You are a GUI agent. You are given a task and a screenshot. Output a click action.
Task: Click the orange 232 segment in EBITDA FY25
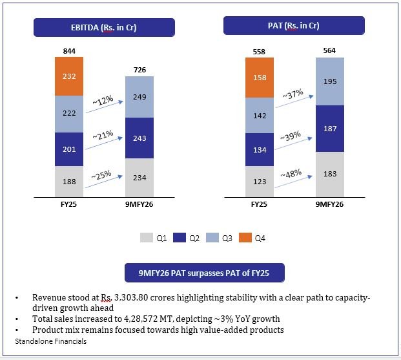click(70, 76)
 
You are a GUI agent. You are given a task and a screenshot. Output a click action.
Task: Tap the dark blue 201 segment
click(70, 149)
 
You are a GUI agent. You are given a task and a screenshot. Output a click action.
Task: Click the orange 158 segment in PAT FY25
click(260, 78)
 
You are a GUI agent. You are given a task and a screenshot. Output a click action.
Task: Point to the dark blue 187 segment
click(330, 129)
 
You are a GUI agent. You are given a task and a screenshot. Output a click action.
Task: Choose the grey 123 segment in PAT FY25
click(260, 182)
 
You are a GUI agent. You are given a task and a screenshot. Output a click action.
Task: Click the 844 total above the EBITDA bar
click(70, 50)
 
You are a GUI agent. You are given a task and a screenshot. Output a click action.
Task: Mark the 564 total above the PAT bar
click(330, 50)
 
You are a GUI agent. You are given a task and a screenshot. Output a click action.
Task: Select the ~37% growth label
click(293, 95)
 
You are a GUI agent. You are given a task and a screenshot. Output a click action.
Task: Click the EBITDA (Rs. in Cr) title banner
click(104, 26)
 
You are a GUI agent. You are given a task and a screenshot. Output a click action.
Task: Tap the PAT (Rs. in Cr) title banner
click(294, 26)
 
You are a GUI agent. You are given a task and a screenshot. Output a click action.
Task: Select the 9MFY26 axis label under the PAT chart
click(330, 204)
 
